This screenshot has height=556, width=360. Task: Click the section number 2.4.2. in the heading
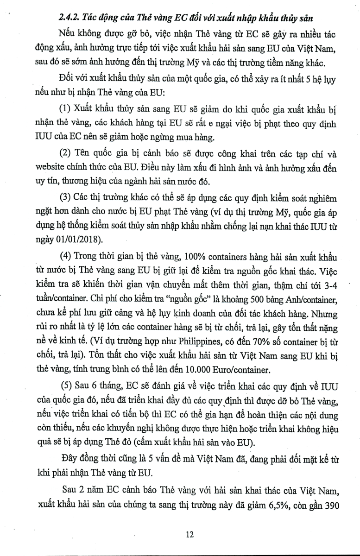(x=69, y=19)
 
